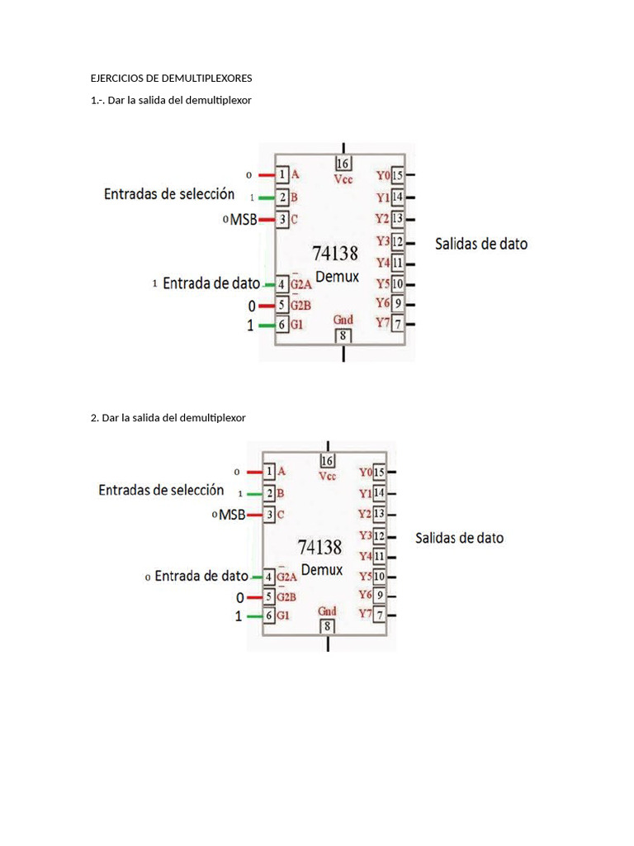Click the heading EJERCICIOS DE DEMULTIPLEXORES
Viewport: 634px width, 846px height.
(171, 78)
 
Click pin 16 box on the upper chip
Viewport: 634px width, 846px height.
(343, 163)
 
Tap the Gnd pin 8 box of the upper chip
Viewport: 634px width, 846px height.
(343, 335)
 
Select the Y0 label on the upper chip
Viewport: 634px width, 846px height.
(382, 175)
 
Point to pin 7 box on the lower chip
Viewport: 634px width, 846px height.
(380, 615)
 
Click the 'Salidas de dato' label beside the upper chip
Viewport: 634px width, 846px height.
(481, 244)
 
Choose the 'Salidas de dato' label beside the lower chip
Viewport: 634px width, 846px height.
(459, 538)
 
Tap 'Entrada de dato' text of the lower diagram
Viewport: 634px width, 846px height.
(201, 576)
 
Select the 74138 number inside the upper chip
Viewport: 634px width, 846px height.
(335, 253)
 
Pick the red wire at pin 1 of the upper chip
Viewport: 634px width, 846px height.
(266, 175)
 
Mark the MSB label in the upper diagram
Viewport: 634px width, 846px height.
(243, 219)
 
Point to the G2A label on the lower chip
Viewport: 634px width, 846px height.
(287, 577)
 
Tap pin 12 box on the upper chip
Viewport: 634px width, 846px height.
(398, 241)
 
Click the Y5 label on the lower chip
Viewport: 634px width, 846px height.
(365, 576)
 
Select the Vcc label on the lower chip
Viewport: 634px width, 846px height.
(328, 476)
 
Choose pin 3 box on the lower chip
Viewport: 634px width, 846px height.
(269, 515)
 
